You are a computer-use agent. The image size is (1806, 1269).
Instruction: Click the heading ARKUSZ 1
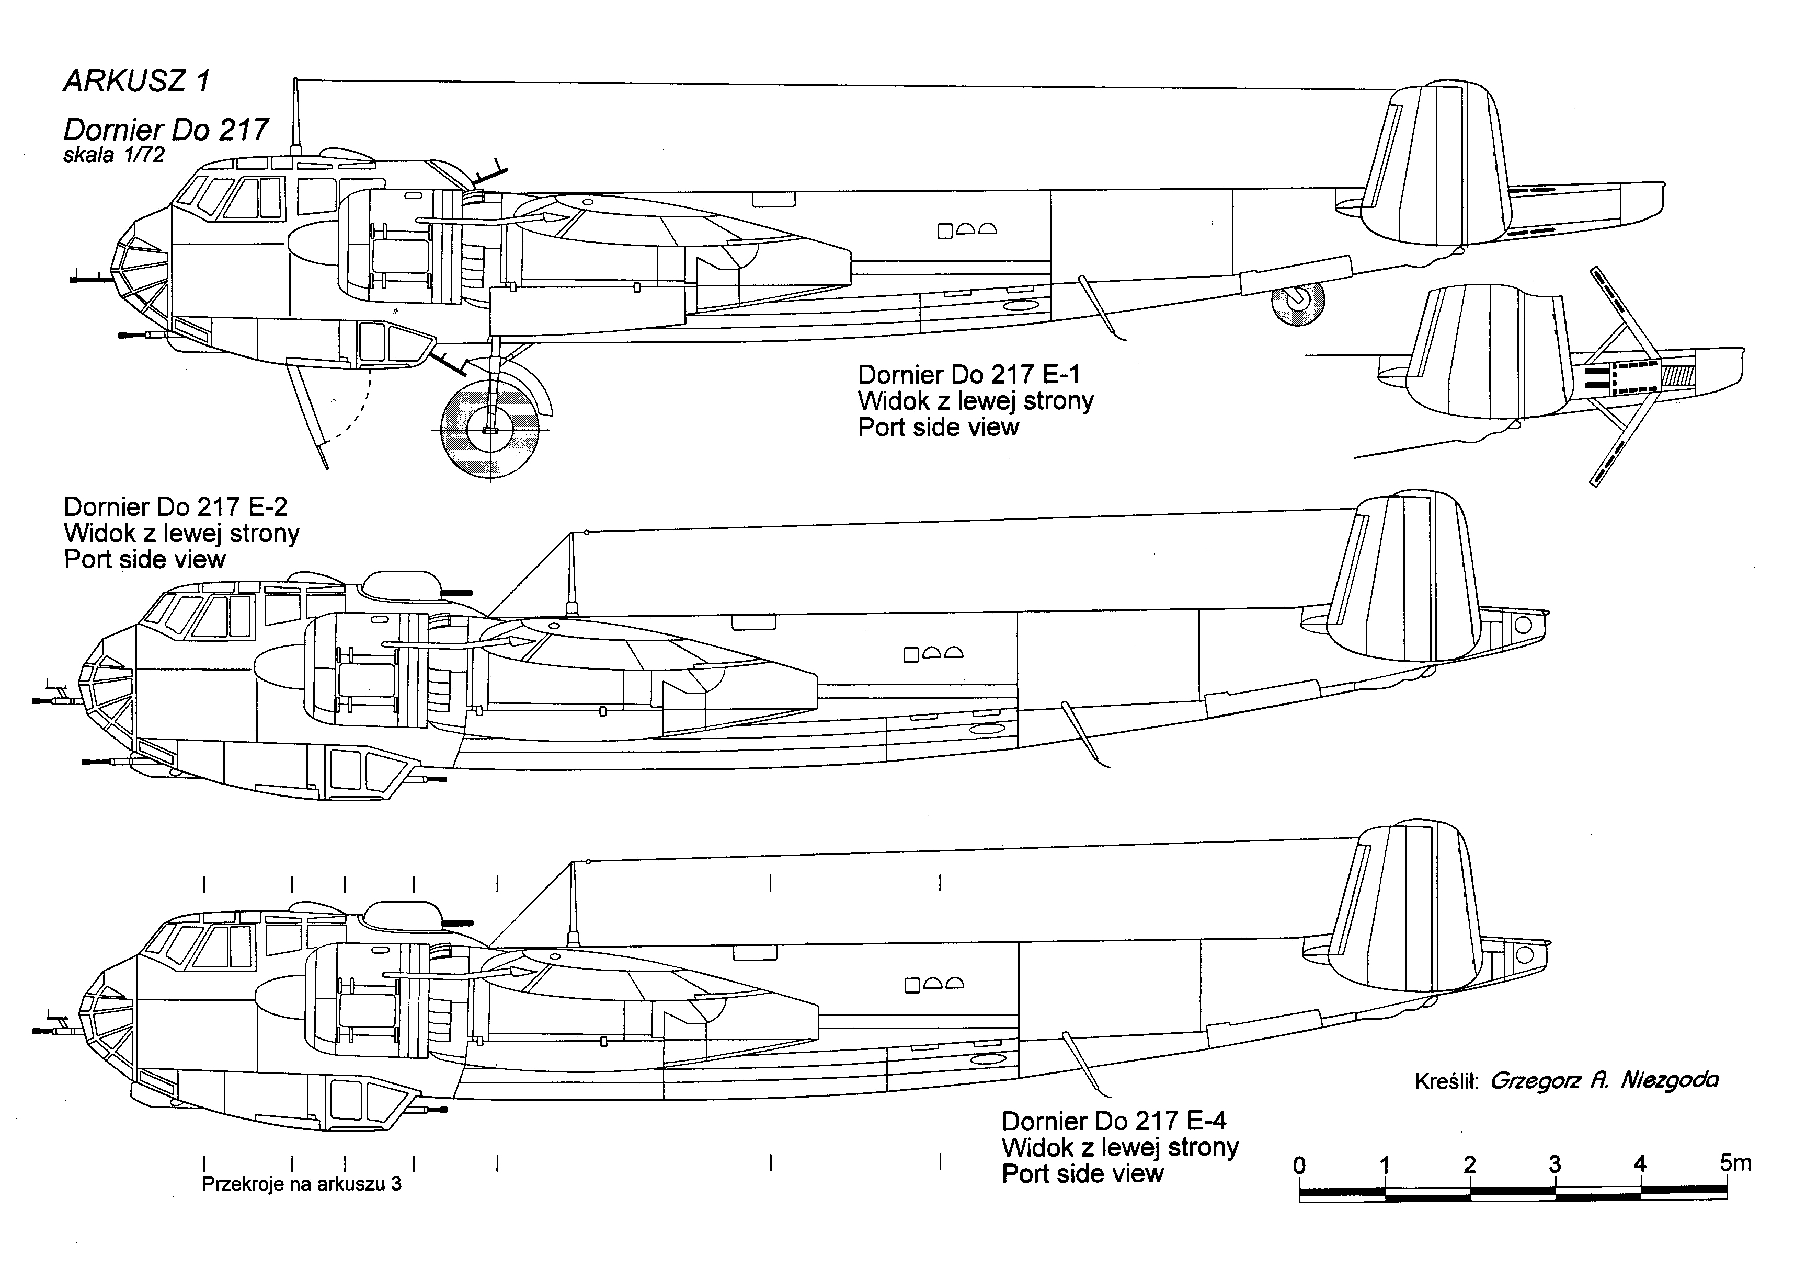pyautogui.click(x=136, y=81)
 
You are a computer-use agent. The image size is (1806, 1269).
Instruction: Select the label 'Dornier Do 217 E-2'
pyautogui.click(x=175, y=506)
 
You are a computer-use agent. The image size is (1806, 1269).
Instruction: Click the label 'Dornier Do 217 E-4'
pyautogui.click(x=1114, y=1121)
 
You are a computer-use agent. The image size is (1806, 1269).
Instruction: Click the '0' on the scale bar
pyautogui.click(x=1299, y=1164)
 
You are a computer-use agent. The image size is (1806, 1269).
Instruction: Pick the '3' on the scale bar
pyautogui.click(x=1555, y=1164)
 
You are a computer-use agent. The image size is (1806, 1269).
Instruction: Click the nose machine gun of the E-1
pyautogui.click(x=92, y=277)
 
